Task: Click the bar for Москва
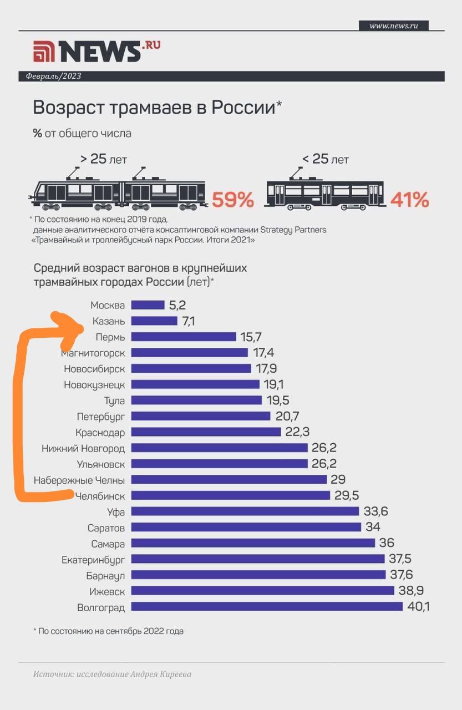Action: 148,305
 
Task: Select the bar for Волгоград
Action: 266,607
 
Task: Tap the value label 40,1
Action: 418,607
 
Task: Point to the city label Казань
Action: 108,321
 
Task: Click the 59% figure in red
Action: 233,200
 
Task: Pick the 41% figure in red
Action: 409,200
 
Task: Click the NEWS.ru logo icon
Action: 44,52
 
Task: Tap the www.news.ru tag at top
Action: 393,26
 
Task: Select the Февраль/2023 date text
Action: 53,77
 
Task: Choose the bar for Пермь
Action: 184,337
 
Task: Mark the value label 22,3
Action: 297,432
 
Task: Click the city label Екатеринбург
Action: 93,560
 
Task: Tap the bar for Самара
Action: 253,544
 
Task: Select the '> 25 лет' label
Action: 104,159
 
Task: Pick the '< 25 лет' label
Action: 326,159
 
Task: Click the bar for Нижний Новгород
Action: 219,448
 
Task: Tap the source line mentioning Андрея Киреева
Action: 112,674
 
